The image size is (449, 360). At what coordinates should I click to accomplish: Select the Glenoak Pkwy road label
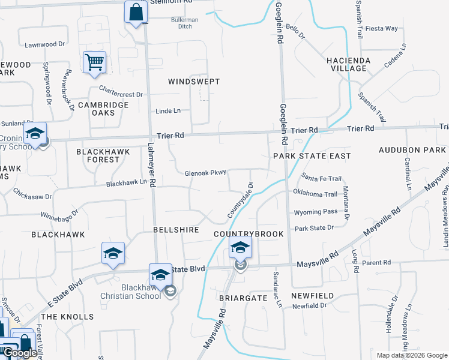205,173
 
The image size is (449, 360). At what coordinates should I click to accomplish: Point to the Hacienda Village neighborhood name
355,64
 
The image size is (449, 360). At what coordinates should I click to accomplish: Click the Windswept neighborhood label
194,81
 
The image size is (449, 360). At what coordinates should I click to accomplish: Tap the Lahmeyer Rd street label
152,166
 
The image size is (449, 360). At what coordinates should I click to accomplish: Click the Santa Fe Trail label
322,179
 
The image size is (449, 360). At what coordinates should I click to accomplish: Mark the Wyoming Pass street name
316,212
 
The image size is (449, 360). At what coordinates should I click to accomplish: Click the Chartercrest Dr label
121,94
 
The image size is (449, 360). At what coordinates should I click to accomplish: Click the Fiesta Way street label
382,28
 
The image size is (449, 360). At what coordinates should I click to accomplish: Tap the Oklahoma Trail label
316,194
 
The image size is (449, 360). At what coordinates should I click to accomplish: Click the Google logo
20,353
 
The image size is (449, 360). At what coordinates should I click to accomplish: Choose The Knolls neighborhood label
67,316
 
